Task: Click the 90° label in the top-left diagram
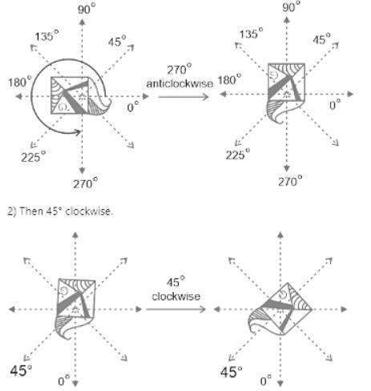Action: pyautogui.click(x=87, y=9)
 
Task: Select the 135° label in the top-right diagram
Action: pyautogui.click(x=251, y=34)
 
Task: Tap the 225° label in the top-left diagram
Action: pyautogui.click(x=34, y=156)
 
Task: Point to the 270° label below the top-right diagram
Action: pyautogui.click(x=290, y=181)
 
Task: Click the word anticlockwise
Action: pyautogui.click(x=179, y=83)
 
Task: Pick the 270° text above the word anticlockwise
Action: pyautogui.click(x=179, y=69)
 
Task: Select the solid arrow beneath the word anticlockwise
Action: pyautogui.click(x=183, y=97)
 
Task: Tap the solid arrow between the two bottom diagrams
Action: pyautogui.click(x=176, y=309)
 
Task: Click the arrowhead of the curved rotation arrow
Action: pyautogui.click(x=78, y=131)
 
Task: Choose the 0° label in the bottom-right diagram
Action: pyautogui.click(x=266, y=380)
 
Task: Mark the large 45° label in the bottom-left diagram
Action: pyautogui.click(x=21, y=370)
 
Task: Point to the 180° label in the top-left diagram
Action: pyautogui.click(x=20, y=82)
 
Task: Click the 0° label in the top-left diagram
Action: pyautogui.click(x=133, y=107)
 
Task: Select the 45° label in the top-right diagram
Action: pyautogui.click(x=321, y=39)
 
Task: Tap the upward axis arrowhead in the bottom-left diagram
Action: pyautogui.click(x=75, y=235)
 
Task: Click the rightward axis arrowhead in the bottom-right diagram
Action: pyautogui.click(x=344, y=309)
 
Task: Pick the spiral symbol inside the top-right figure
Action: pyautogui.click(x=274, y=75)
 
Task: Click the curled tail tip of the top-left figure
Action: pyautogui.click(x=109, y=100)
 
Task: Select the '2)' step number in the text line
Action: pyautogui.click(x=12, y=212)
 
